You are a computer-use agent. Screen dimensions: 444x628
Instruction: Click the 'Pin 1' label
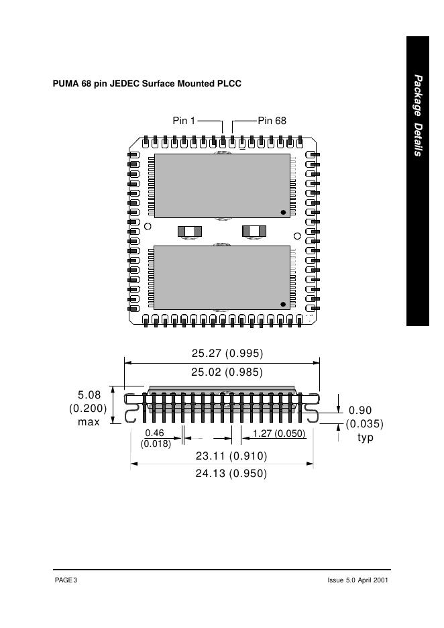coord(184,121)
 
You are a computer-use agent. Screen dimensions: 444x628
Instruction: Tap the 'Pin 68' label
coord(272,121)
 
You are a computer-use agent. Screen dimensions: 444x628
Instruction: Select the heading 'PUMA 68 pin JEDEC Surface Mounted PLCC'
coord(147,84)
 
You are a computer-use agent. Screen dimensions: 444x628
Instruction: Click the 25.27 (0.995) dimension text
coord(227,353)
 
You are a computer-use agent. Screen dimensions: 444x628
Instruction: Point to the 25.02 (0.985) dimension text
coord(227,372)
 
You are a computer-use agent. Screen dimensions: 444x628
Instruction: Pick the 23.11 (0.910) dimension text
coord(231,456)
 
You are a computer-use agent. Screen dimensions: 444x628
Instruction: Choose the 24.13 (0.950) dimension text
coord(231,474)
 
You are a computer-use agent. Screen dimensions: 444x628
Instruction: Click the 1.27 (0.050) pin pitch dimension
coord(279,433)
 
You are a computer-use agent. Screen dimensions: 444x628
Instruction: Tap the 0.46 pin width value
coord(154,433)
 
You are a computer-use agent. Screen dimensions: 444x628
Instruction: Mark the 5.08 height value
coord(89,395)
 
